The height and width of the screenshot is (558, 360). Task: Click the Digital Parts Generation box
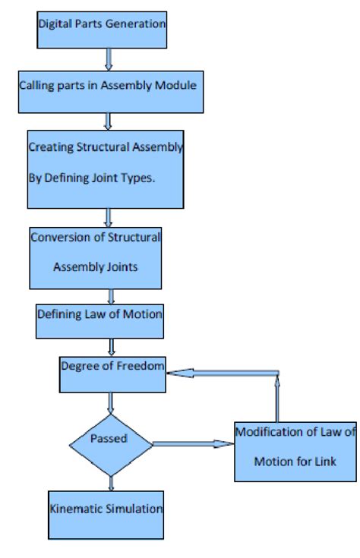tap(102, 23)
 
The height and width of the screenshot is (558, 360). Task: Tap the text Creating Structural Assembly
tap(106, 147)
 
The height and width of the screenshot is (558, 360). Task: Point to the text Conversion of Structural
tap(96, 237)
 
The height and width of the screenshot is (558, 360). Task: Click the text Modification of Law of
tap(295, 432)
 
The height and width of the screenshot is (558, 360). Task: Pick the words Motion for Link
tap(295, 461)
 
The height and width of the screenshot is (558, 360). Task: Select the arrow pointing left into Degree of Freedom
tap(220, 373)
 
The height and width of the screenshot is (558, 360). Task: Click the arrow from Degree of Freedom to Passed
tap(112, 403)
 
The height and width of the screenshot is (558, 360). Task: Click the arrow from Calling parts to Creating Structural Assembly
tap(108, 119)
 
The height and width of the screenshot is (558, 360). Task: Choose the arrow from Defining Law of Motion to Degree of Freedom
tap(112, 346)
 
